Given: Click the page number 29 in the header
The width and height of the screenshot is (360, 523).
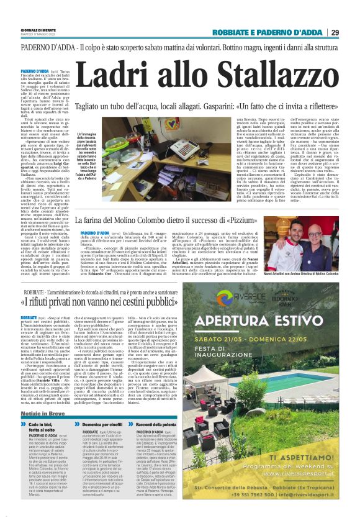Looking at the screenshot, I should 334,32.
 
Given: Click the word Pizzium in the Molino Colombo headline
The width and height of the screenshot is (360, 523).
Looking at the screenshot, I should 245,221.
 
